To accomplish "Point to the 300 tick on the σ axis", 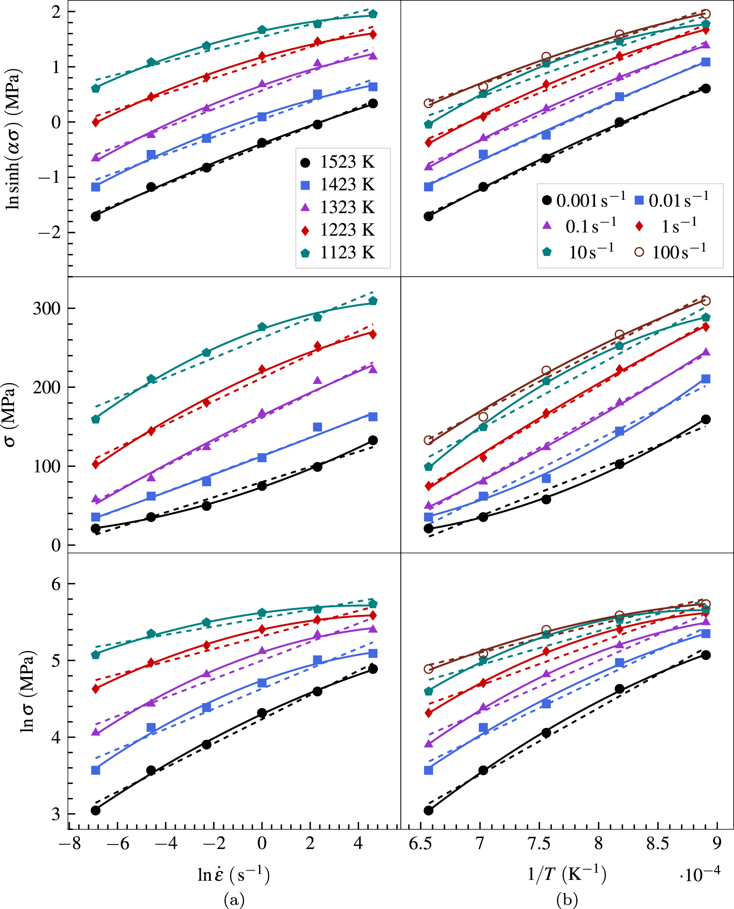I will (x=47, y=308).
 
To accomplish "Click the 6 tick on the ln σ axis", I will (x=56, y=584).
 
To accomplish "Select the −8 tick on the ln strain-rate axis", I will (x=71, y=844).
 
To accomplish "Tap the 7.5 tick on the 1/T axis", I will (x=539, y=844).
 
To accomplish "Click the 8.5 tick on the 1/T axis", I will (x=657, y=844).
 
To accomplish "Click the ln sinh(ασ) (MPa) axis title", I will (x=13, y=141).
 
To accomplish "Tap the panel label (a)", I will (x=234, y=900).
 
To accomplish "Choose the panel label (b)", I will (x=567, y=900).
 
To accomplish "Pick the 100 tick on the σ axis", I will (x=47, y=466).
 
